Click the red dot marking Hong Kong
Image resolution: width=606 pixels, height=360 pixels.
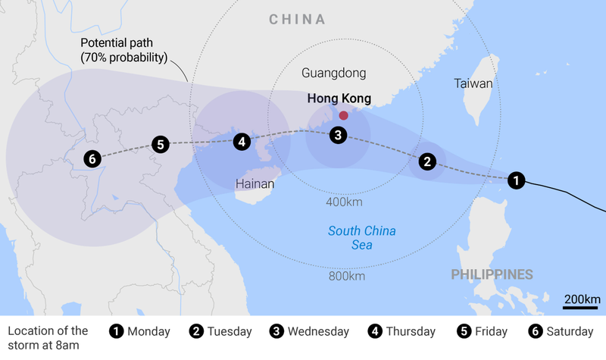(x=343, y=115)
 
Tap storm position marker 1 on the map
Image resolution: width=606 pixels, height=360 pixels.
(x=516, y=180)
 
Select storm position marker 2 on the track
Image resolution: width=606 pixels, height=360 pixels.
(x=427, y=161)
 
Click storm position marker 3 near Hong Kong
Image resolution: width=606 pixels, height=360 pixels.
(x=338, y=136)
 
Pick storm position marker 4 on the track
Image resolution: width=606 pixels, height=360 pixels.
(x=241, y=141)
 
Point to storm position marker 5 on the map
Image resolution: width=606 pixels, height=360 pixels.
(x=159, y=144)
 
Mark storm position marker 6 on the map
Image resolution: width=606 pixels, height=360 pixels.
(x=92, y=159)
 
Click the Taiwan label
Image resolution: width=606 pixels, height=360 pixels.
(x=473, y=84)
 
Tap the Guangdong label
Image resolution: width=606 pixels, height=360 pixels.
(x=333, y=74)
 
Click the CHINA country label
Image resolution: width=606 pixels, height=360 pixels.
(x=297, y=20)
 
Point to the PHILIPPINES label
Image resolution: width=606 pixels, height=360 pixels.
(x=492, y=274)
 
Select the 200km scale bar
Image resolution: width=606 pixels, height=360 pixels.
(x=582, y=302)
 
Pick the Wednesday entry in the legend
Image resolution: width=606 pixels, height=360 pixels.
(x=309, y=332)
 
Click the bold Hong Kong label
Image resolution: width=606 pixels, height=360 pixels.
(x=339, y=99)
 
